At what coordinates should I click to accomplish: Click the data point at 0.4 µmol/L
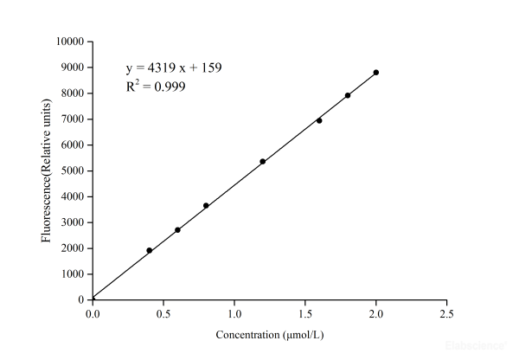click(x=150, y=250)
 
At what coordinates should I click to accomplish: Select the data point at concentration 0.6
click(x=177, y=230)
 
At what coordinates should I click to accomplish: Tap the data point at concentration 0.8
click(x=206, y=206)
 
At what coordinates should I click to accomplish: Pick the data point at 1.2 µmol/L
click(x=262, y=162)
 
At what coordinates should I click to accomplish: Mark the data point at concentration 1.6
click(x=319, y=120)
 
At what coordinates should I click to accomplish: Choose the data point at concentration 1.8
click(x=348, y=95)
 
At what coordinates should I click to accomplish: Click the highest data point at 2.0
click(x=376, y=73)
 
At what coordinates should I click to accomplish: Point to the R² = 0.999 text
click(x=155, y=87)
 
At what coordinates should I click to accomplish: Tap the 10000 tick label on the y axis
click(x=69, y=42)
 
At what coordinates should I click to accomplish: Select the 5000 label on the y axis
click(x=72, y=170)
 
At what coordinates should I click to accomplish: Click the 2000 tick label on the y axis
click(x=72, y=248)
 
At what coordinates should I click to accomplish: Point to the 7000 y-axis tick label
click(x=72, y=119)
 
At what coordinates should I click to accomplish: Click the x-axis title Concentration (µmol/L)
click(x=271, y=334)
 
